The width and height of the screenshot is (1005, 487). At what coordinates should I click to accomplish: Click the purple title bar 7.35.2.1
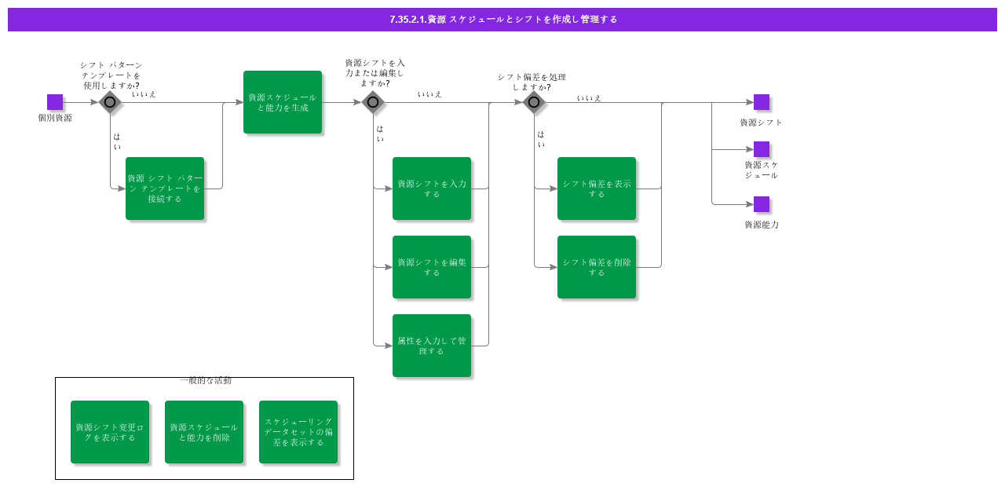pyautogui.click(x=502, y=20)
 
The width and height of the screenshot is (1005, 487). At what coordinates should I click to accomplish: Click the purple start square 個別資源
pyautogui.click(x=55, y=102)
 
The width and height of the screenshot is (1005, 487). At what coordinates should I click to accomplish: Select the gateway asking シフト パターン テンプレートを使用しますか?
pyautogui.click(x=110, y=102)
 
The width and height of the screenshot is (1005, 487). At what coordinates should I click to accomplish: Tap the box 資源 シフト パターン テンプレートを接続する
pyautogui.click(x=165, y=189)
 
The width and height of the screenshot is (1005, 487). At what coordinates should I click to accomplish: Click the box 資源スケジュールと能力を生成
pyautogui.click(x=283, y=102)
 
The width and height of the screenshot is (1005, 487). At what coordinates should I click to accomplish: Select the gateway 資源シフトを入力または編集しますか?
pyautogui.click(x=373, y=102)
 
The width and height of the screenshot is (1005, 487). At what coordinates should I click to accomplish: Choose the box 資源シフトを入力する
pyautogui.click(x=432, y=189)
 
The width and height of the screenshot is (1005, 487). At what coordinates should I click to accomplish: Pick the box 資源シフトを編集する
pyautogui.click(x=432, y=267)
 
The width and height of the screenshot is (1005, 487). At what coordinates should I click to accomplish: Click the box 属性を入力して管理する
pyautogui.click(x=432, y=346)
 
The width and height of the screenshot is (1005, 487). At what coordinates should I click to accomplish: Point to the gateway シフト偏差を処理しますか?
pyautogui.click(x=534, y=102)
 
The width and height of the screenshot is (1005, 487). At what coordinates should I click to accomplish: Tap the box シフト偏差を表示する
pyautogui.click(x=597, y=189)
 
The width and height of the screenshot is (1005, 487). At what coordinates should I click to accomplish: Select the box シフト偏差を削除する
pyautogui.click(x=597, y=267)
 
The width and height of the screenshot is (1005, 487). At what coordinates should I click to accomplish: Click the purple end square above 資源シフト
pyautogui.click(x=762, y=102)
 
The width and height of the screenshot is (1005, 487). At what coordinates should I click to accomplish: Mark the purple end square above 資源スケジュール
pyautogui.click(x=762, y=149)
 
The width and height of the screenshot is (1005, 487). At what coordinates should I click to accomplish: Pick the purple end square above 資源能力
pyautogui.click(x=762, y=204)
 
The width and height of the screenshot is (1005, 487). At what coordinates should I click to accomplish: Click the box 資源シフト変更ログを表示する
pyautogui.click(x=110, y=432)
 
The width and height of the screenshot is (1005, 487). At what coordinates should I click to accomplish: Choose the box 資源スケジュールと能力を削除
pyautogui.click(x=204, y=432)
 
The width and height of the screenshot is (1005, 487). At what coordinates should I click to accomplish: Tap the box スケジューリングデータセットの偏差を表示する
pyautogui.click(x=298, y=432)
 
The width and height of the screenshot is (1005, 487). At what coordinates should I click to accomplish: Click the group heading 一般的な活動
pyautogui.click(x=206, y=381)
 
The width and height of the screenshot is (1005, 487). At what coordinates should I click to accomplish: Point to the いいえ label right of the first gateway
pyautogui.click(x=144, y=94)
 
